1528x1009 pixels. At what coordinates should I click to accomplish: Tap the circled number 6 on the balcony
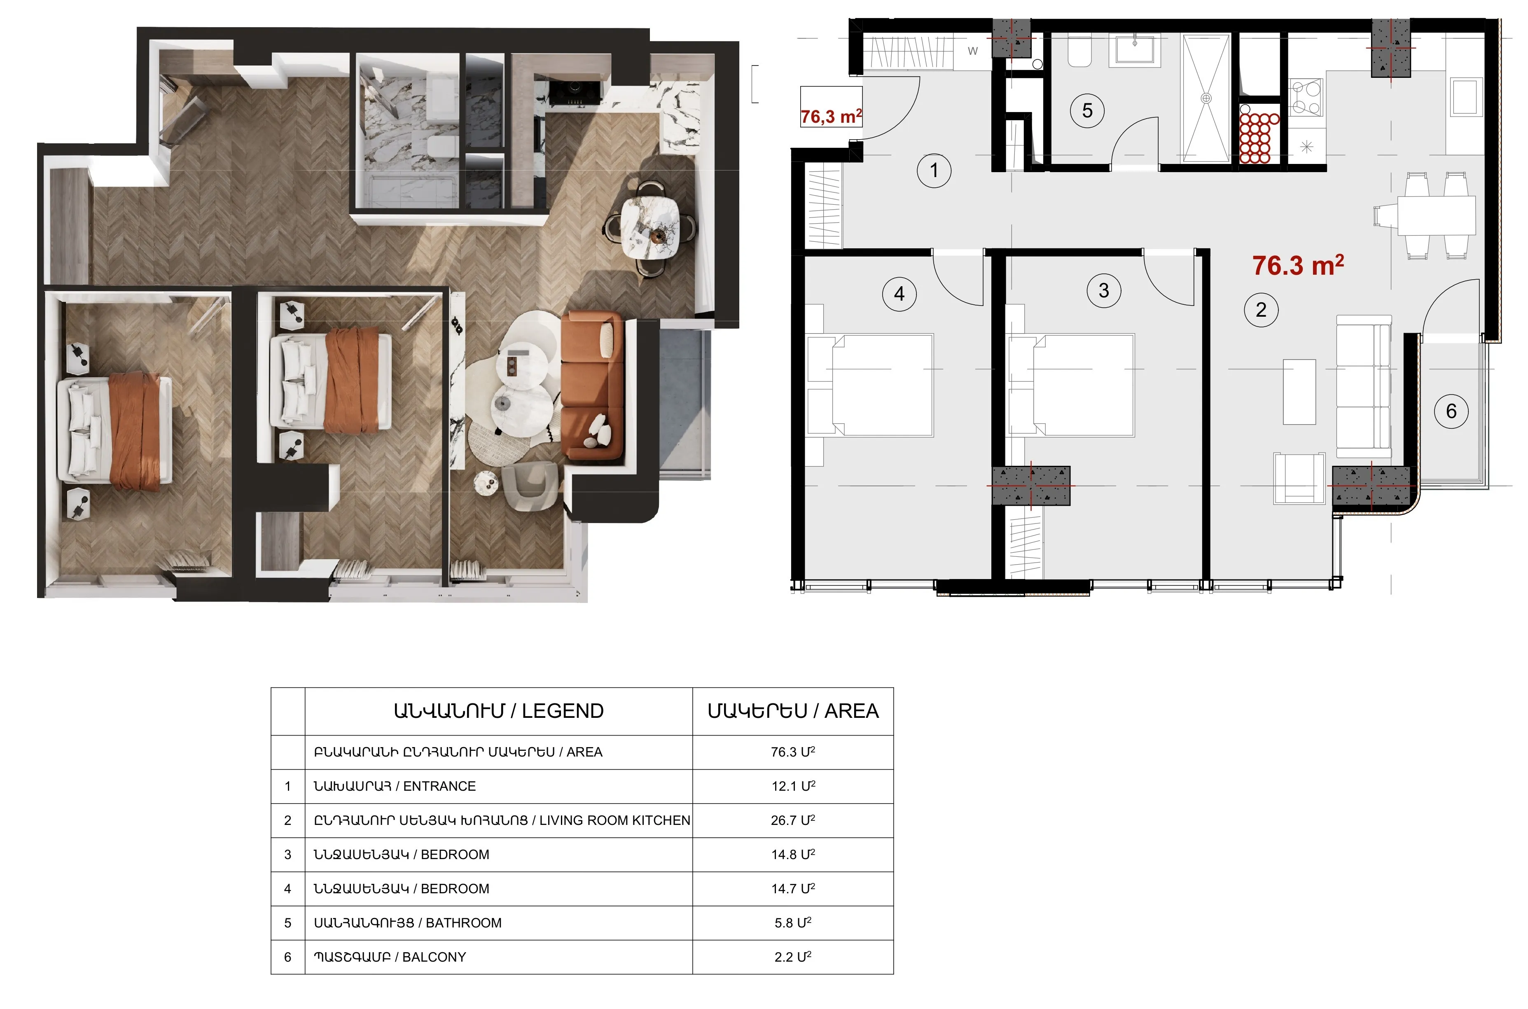click(1451, 411)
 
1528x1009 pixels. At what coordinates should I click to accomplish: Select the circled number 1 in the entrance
click(934, 171)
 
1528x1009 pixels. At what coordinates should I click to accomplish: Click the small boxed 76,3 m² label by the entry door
click(831, 117)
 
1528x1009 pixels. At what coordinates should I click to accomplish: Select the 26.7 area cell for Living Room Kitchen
click(793, 820)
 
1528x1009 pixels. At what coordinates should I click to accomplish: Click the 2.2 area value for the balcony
click(793, 957)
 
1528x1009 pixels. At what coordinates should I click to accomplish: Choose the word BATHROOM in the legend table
click(464, 923)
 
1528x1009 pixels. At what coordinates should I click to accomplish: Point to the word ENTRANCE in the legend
click(439, 786)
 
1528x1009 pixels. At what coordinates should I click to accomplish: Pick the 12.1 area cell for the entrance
click(793, 786)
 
